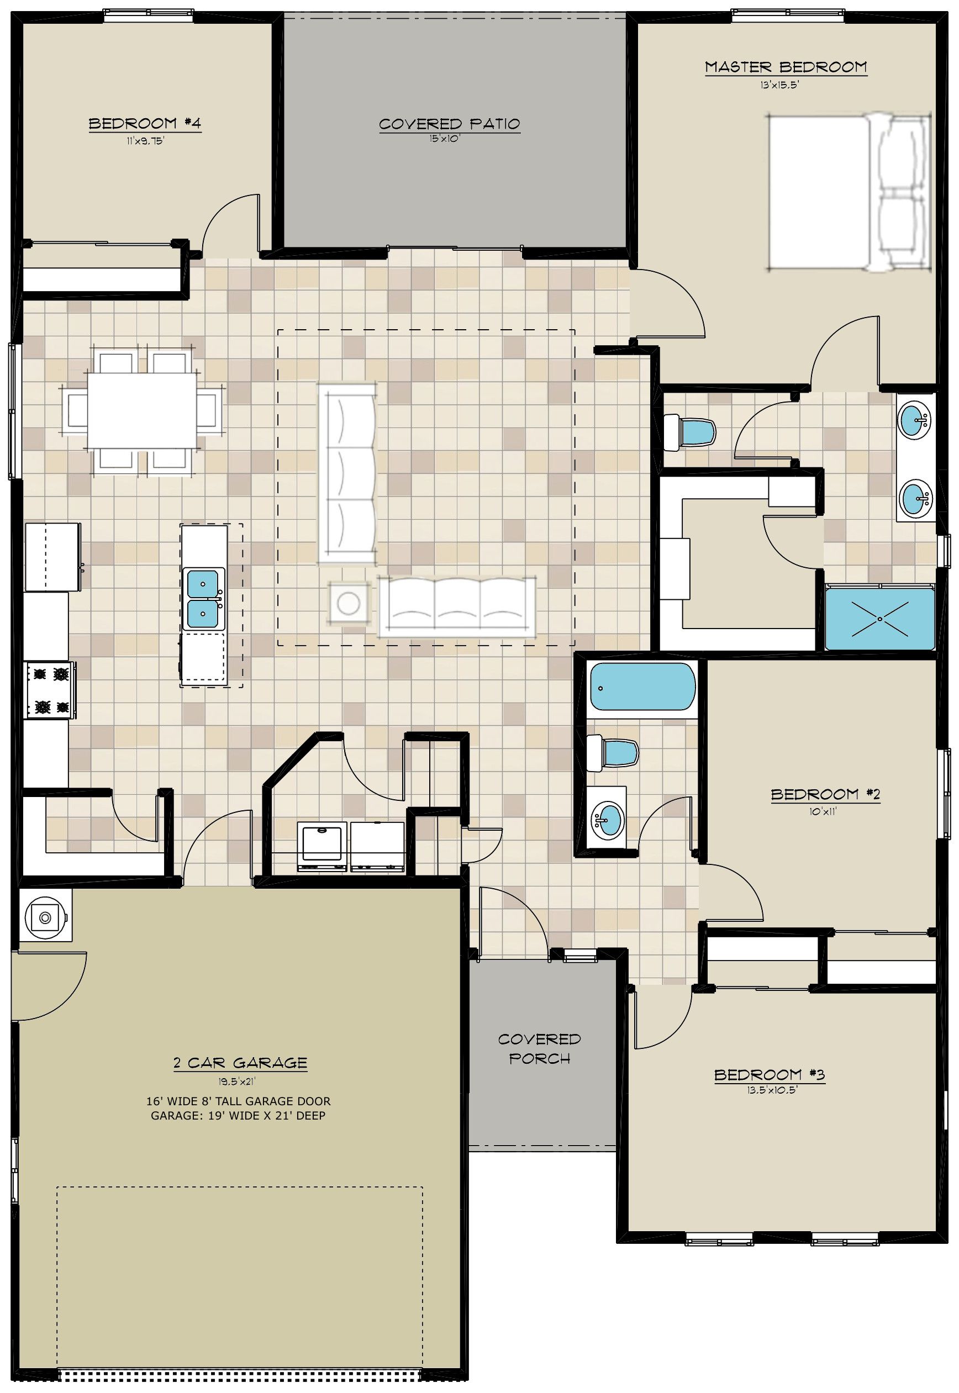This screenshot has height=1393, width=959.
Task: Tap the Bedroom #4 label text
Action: click(x=145, y=124)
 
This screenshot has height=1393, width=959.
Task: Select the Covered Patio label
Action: click(x=450, y=124)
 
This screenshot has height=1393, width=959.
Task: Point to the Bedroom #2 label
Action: click(x=826, y=794)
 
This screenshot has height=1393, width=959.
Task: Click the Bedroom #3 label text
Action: click(x=769, y=1075)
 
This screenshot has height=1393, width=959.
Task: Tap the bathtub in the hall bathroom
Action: click(x=642, y=687)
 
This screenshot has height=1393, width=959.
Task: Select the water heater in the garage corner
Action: click(x=45, y=917)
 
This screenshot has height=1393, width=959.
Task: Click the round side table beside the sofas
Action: click(x=348, y=603)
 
